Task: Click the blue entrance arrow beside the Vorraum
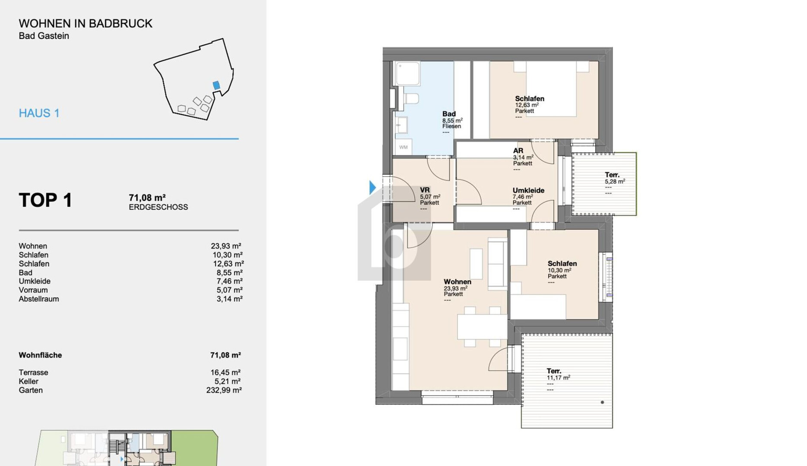click(372, 188)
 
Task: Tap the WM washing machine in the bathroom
click(403, 147)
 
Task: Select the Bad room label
click(449, 114)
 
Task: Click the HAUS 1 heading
click(39, 113)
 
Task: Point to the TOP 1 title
click(45, 200)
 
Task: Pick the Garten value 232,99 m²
click(224, 390)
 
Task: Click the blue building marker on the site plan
click(216, 85)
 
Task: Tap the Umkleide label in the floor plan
click(528, 190)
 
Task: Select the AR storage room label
click(518, 151)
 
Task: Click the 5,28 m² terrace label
click(615, 182)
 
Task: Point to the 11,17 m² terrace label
click(558, 378)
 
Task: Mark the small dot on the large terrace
click(602, 402)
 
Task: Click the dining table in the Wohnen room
click(482, 327)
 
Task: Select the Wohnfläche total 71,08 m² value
click(226, 355)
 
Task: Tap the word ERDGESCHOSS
click(158, 207)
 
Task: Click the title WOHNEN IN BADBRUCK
click(86, 23)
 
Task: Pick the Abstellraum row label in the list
click(39, 299)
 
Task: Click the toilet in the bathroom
click(411, 99)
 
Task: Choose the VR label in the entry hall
click(425, 190)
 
